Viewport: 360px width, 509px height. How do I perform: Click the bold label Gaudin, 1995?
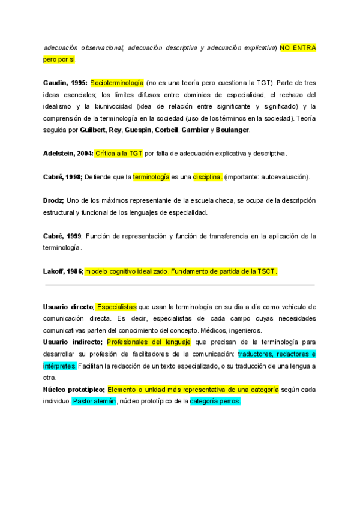pos(65,83)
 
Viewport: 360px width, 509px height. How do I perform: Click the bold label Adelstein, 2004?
pos(68,154)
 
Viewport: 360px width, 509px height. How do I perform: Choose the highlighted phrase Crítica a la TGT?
pos(119,154)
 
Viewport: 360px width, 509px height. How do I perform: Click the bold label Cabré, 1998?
pos(62,177)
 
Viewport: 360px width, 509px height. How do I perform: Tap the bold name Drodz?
pos(53,200)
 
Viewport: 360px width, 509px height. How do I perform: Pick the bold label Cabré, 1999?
pos(62,236)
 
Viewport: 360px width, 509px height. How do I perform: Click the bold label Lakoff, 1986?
pos(63,271)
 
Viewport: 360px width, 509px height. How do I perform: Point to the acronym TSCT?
pos(267,271)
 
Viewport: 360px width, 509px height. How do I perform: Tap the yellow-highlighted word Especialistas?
pos(117,307)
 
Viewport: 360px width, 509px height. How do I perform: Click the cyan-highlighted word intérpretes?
pos(60,366)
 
